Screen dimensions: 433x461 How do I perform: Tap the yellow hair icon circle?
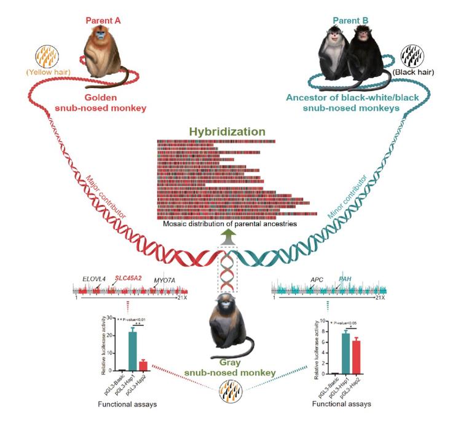click(x=51, y=56)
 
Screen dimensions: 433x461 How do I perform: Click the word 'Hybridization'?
click(x=227, y=132)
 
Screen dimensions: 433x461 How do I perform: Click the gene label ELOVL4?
click(x=93, y=279)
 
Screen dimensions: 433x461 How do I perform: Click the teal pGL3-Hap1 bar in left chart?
click(x=132, y=351)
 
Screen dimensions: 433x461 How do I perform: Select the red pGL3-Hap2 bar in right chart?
click(x=355, y=357)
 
